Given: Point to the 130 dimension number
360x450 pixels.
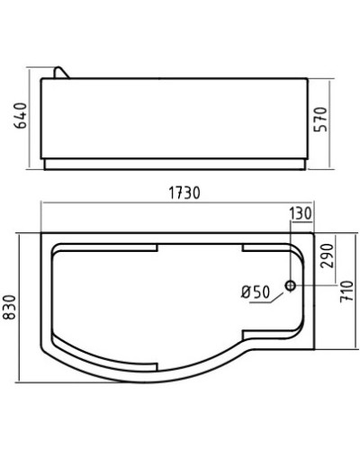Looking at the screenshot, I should click(300, 213).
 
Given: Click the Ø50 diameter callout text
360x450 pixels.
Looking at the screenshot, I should click(256, 292).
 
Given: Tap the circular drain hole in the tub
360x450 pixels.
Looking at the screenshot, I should click(290, 286).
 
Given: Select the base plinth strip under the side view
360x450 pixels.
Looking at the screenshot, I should click(180, 166).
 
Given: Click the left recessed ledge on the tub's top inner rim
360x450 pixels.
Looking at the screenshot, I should click(108, 248).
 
